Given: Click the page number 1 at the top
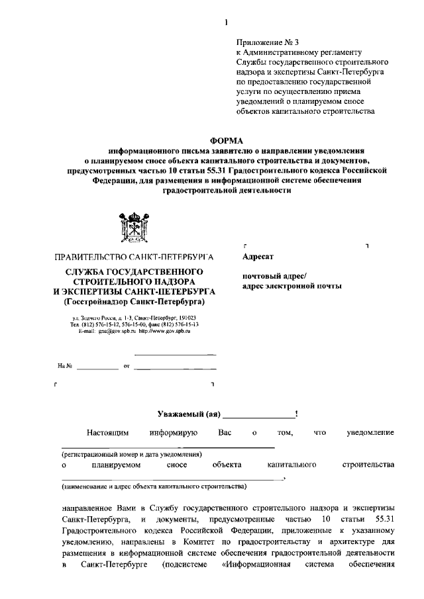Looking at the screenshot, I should click(227, 23).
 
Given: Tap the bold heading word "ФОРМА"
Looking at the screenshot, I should click(227, 140).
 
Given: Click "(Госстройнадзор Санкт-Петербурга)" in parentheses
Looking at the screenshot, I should click(134, 302).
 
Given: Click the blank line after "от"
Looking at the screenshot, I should click(175, 366).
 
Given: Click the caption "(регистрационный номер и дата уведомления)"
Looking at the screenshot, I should click(132, 455).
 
